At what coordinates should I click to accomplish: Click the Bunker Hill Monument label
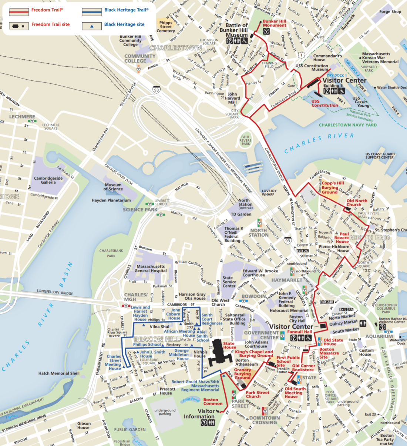pyautogui.click(x=275, y=23)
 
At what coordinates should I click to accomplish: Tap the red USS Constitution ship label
pyautogui.click(x=324, y=103)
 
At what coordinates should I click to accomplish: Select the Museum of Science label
pyautogui.click(x=113, y=187)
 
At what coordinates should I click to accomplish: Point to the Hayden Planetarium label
pyautogui.click(x=111, y=200)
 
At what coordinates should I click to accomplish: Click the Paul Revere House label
pyautogui.click(x=342, y=238)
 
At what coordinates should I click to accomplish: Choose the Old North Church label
pyautogui.click(x=357, y=203)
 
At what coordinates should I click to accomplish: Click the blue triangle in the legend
pyautogui.click(x=92, y=26)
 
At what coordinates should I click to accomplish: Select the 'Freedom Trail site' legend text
pyautogui.click(x=50, y=24)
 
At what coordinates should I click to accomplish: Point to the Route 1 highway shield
pyautogui.click(x=302, y=54)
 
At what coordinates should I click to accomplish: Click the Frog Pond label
pyautogui.click(x=191, y=399)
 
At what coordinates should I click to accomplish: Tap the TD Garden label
pyautogui.click(x=241, y=214)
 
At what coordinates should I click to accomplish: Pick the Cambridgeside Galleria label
pyautogui.click(x=48, y=180)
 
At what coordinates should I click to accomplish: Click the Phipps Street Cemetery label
pyautogui.click(x=166, y=27)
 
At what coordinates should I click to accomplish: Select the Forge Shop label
pyautogui.click(x=390, y=11)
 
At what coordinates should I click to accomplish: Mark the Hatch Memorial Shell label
pyautogui.click(x=59, y=373)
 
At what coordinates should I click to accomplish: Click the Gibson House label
pyautogui.click(x=84, y=425)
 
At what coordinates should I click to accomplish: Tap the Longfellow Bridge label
pyautogui.click(x=55, y=292)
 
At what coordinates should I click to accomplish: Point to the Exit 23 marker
pyautogui.click(x=370, y=415)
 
